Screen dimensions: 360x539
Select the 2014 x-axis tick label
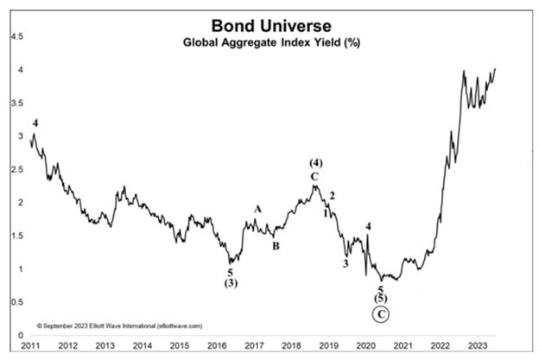pyautogui.click(x=143, y=347)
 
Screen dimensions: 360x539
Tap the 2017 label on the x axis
pyautogui.click(x=254, y=347)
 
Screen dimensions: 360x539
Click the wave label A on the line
pyautogui.click(x=257, y=209)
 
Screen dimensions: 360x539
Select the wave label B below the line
pyautogui.click(x=276, y=246)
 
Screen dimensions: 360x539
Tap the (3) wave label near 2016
pyautogui.click(x=231, y=283)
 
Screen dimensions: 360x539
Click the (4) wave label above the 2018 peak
pyautogui.click(x=316, y=163)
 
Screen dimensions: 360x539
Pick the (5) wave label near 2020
pyautogui.click(x=380, y=298)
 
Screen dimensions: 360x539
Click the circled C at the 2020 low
pyautogui.click(x=380, y=315)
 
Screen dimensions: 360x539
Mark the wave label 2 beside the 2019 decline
pyautogui.click(x=333, y=195)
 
